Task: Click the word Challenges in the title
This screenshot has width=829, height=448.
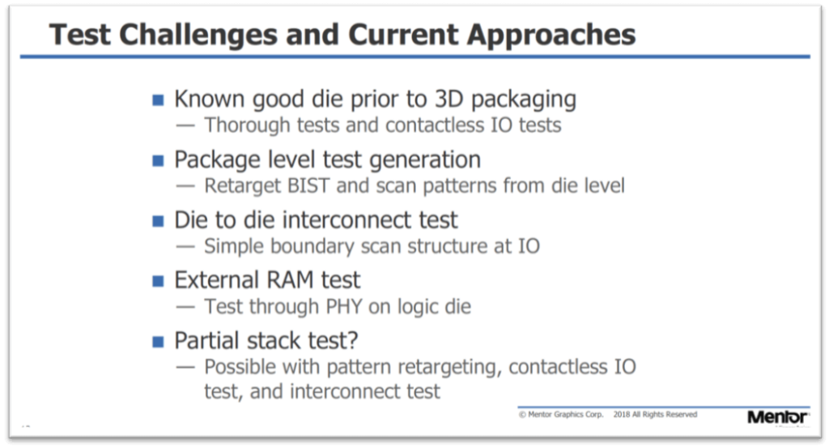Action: click(198, 36)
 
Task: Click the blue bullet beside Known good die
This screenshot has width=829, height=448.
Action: click(158, 100)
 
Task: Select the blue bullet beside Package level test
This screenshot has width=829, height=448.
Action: click(158, 160)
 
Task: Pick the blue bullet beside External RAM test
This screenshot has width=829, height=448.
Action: click(158, 281)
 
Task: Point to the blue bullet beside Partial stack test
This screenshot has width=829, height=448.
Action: click(158, 342)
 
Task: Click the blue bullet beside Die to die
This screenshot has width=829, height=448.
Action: click(158, 220)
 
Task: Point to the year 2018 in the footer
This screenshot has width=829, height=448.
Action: click(622, 415)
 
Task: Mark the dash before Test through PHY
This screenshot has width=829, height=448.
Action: click(185, 307)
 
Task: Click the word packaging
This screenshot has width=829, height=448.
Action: click(524, 100)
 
